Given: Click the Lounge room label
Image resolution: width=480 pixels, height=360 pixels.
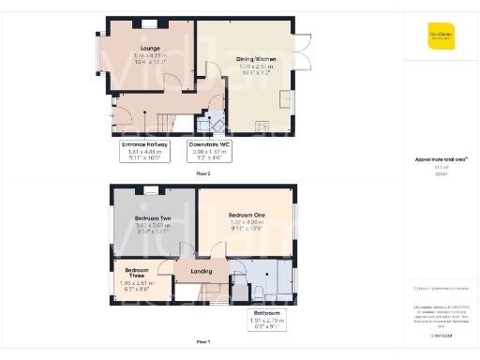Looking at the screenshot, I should point(150,48).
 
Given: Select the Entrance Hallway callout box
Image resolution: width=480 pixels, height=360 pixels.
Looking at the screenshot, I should point(144,150).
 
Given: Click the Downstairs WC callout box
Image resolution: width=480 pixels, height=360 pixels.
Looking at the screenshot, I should point(209,150).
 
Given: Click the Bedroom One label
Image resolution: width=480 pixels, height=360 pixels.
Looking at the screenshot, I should point(247,215).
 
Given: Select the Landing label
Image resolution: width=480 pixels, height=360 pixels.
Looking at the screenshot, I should point(201,273).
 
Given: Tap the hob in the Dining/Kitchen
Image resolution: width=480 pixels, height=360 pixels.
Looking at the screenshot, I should point(262,127).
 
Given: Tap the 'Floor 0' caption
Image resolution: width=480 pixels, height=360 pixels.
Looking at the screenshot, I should point(202,173).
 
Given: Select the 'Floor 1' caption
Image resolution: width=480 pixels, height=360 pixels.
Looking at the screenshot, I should point(202,341).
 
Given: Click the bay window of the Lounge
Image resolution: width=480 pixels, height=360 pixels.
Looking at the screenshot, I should point(97,57).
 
